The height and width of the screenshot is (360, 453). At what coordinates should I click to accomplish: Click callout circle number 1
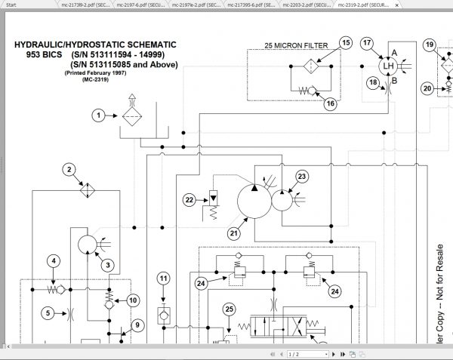click(97, 115)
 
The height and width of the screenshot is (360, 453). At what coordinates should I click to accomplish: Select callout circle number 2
click(69, 169)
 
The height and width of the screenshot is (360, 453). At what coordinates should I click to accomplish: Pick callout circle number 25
click(230, 309)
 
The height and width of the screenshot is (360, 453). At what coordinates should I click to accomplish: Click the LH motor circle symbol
click(390, 66)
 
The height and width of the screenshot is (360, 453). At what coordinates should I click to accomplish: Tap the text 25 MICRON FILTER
click(295, 46)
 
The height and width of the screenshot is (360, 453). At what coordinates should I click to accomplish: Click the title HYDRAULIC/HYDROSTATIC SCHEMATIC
click(95, 45)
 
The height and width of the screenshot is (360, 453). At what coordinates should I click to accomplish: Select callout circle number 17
click(367, 43)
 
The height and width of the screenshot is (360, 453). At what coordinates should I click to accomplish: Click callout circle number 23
click(301, 177)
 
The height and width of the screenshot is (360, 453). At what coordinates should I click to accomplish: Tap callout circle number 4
click(53, 262)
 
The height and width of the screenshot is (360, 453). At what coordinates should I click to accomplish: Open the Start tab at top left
click(11, 4)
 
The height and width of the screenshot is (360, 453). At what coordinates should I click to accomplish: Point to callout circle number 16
click(329, 104)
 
